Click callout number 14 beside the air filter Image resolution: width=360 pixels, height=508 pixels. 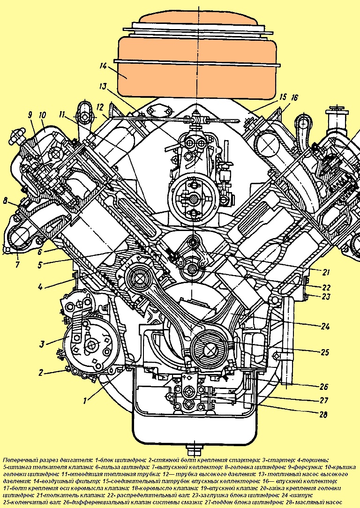103,66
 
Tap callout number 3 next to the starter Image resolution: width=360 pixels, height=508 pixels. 41,344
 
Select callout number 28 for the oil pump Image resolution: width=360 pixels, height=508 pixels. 323,414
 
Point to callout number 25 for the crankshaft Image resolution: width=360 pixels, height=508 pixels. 324,352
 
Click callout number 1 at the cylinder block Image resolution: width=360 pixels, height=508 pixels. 85,401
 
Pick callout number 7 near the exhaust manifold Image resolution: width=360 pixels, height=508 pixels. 17,264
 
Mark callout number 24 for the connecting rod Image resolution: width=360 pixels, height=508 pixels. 325,326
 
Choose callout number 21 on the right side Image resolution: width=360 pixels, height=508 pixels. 326,272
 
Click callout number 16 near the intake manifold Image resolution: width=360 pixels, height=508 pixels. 294,97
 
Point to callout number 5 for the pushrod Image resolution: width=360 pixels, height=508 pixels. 39,265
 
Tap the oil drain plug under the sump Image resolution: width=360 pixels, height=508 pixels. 194,449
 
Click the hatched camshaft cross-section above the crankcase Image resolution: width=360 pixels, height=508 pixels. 192,268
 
